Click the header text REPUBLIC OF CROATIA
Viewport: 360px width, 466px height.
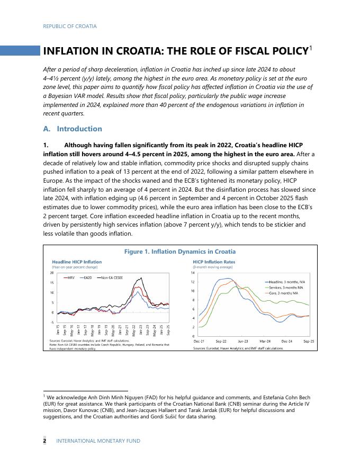point(70,26)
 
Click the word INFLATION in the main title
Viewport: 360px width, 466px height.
point(70,51)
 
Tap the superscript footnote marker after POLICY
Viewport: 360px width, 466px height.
point(311,48)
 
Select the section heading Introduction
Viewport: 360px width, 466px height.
point(79,129)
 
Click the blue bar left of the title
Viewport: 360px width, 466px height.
point(20,51)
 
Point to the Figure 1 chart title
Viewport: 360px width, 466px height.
point(179,252)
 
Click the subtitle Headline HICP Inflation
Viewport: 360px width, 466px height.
point(77,262)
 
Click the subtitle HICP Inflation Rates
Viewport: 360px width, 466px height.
point(214,262)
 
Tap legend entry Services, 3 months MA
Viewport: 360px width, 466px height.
point(284,288)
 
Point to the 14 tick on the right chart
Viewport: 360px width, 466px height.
point(193,272)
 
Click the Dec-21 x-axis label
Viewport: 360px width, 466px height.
point(199,342)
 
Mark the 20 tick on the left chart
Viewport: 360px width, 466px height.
point(51,273)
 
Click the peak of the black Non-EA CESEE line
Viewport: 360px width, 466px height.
point(139,278)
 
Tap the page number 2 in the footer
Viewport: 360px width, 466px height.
point(44,441)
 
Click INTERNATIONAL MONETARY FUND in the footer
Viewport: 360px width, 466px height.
point(98,441)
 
